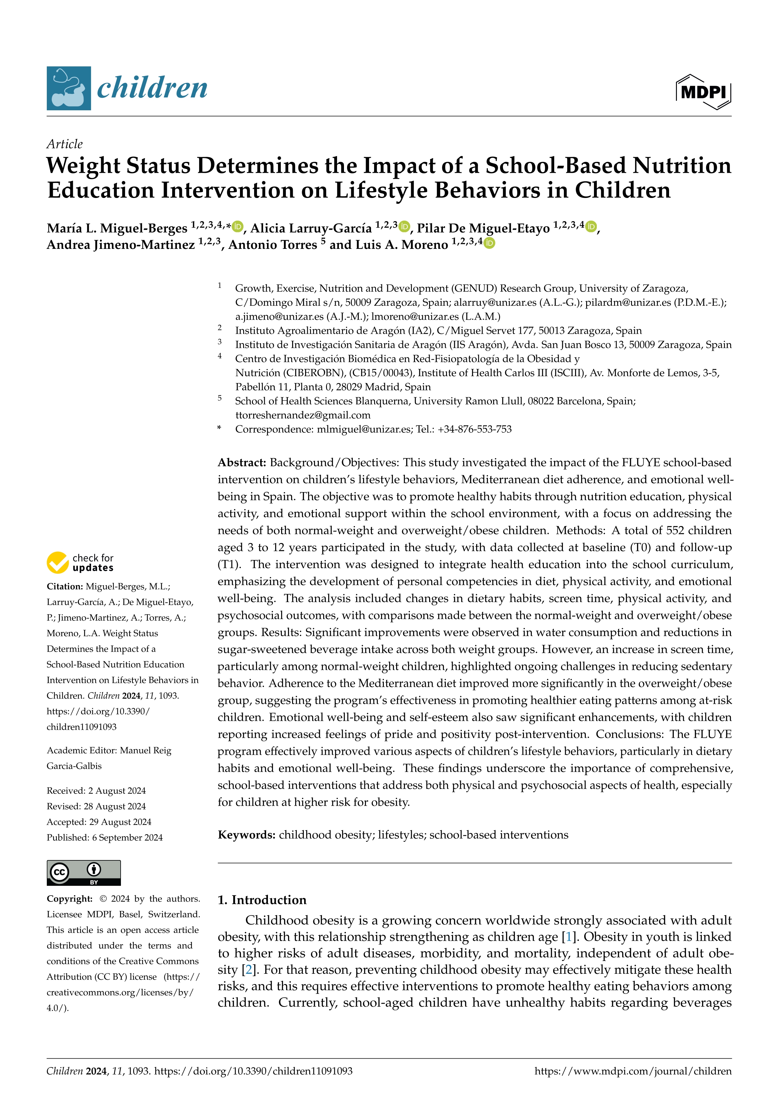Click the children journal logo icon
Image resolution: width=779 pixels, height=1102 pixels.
click(x=68, y=88)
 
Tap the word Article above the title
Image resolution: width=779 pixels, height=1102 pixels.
click(x=64, y=144)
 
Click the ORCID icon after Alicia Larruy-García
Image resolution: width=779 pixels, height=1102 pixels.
click(x=404, y=226)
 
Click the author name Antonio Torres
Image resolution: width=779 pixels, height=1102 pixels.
click(x=272, y=245)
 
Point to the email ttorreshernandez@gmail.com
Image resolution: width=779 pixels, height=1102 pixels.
click(x=303, y=415)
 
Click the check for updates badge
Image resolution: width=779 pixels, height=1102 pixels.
click(x=80, y=562)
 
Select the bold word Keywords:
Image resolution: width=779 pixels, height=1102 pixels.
click(x=246, y=835)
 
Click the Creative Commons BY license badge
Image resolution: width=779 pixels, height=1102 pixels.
click(x=84, y=873)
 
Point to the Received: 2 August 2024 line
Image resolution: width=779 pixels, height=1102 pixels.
click(x=96, y=791)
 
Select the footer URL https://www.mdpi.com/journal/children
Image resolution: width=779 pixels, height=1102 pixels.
click(x=633, y=1071)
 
